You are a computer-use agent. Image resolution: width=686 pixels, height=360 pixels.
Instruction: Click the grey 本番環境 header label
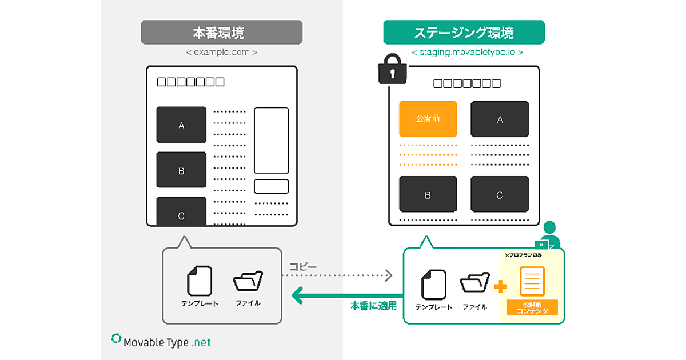tap(221, 33)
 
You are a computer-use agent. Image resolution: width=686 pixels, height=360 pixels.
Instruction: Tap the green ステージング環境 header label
tap(464, 33)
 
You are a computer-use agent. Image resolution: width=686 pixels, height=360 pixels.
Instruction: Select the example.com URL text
tap(221, 52)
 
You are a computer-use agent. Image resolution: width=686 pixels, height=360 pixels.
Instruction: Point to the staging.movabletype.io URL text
tap(467, 52)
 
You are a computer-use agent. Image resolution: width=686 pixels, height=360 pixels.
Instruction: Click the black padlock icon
tap(392, 70)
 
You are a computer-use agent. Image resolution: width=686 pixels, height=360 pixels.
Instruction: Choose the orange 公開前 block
tap(428, 119)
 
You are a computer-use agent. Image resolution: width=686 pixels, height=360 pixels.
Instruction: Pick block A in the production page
tap(181, 125)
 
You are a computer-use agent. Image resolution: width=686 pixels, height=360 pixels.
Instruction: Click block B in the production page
tap(181, 170)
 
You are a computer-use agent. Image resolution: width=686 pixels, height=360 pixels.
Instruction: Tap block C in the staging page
tap(500, 194)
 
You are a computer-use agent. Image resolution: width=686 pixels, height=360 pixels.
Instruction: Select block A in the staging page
tap(500, 119)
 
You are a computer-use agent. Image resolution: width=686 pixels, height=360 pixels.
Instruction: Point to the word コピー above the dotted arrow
tap(303, 267)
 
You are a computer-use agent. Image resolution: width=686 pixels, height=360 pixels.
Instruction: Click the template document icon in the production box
tap(200, 281)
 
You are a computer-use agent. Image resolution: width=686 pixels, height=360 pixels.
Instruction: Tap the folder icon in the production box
tap(248, 282)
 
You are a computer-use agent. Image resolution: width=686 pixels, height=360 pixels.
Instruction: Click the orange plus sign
tap(500, 286)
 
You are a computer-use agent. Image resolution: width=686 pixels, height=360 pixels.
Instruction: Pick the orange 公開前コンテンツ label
tap(532, 307)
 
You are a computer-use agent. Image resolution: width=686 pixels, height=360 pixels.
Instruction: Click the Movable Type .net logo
tap(161, 342)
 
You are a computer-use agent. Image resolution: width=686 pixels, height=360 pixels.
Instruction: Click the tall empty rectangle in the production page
tap(271, 140)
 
